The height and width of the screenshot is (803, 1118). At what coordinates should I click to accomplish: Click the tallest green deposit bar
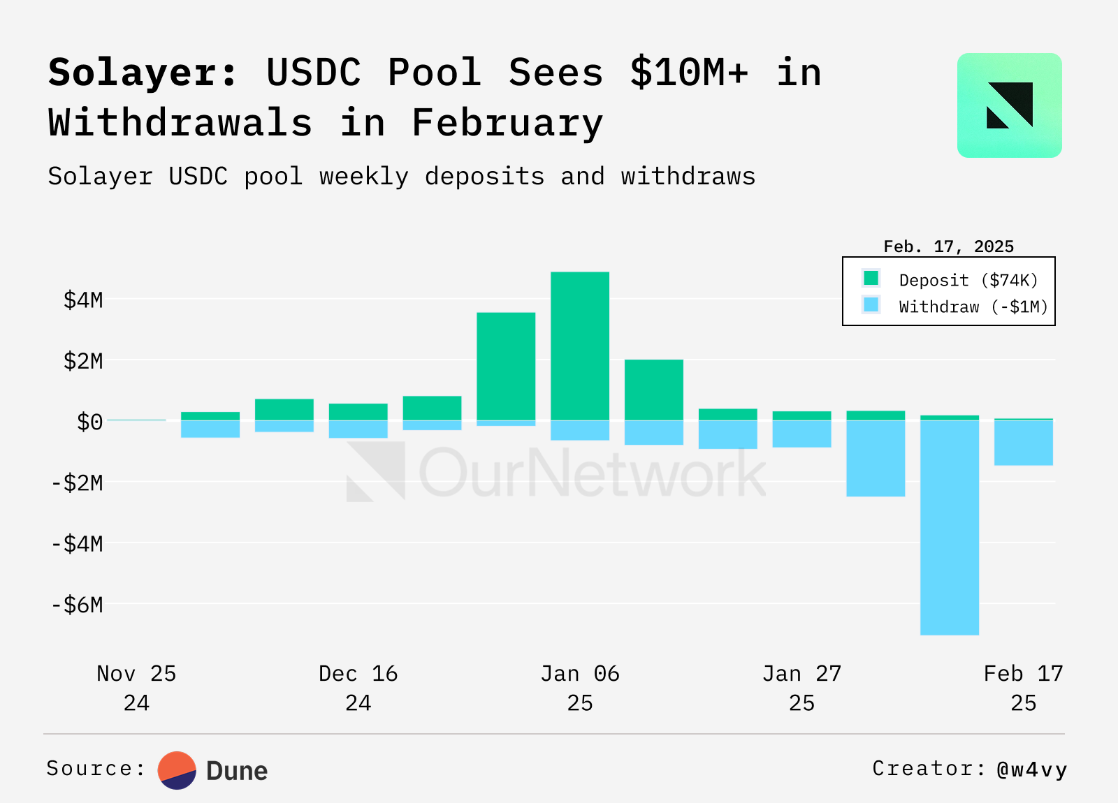580,346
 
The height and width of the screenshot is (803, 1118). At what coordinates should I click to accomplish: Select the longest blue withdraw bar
950,527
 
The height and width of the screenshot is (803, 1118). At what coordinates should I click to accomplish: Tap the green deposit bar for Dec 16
358,411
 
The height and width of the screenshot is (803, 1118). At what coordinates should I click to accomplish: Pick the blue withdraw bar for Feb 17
1024,443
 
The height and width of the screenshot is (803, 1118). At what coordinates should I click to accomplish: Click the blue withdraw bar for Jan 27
801,434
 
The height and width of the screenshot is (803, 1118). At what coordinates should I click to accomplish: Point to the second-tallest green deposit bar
506,366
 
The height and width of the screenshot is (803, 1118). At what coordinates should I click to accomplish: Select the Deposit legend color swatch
871,279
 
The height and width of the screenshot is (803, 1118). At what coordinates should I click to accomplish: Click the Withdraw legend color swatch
871,305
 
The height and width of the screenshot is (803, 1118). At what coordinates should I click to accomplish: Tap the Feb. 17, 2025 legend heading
948,246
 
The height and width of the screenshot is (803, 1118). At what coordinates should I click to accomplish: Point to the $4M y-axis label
83,300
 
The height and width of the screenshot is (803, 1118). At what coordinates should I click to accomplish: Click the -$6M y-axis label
78,605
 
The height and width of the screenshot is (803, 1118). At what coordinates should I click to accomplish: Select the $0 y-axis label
89,422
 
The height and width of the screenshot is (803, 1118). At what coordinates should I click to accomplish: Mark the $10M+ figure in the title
689,73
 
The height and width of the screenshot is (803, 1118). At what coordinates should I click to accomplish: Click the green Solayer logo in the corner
1009,105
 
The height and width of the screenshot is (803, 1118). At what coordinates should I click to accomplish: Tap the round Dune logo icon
177,770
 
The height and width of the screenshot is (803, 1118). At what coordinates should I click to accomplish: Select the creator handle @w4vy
1032,769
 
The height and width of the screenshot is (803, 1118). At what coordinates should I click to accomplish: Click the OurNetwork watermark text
592,473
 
